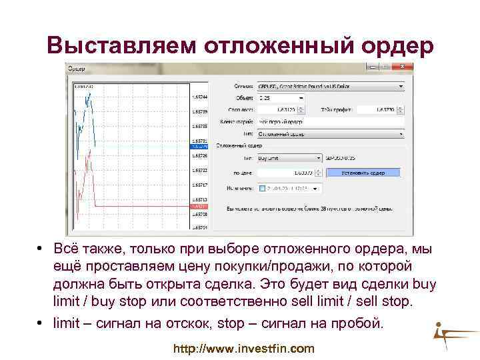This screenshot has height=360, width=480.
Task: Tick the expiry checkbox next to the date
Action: [262, 188]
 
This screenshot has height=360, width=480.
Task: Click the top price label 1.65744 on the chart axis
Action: [199, 97]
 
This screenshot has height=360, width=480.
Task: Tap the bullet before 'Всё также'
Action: [41, 249]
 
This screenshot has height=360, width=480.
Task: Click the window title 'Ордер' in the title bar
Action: [78, 68]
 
